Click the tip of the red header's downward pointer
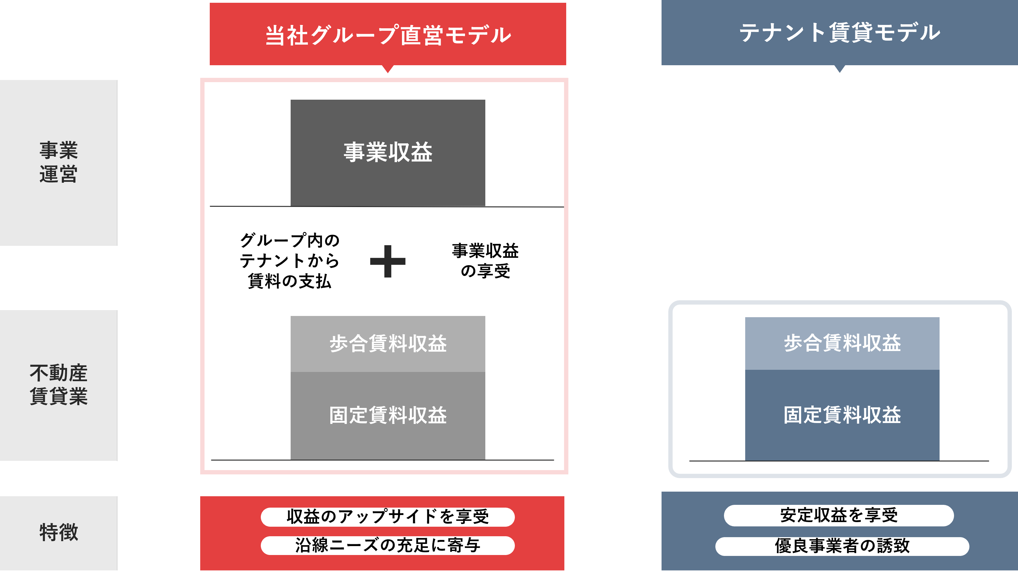click(x=388, y=73)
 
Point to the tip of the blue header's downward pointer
click(x=840, y=73)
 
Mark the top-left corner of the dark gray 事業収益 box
click(x=291, y=100)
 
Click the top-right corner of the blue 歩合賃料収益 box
click(x=939, y=317)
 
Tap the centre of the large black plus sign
click(x=388, y=261)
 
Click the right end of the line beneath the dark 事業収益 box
click(x=564, y=207)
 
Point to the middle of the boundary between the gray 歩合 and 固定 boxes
click(x=388, y=372)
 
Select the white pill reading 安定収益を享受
click(x=839, y=516)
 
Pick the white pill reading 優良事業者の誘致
click(x=842, y=546)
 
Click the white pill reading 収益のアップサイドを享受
click(x=388, y=517)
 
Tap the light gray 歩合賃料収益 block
click(x=388, y=344)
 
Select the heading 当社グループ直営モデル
click(x=388, y=35)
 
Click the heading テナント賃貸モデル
click(x=840, y=32)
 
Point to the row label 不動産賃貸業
click(x=58, y=384)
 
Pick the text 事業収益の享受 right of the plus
click(x=485, y=261)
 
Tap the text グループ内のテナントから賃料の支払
click(x=290, y=261)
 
